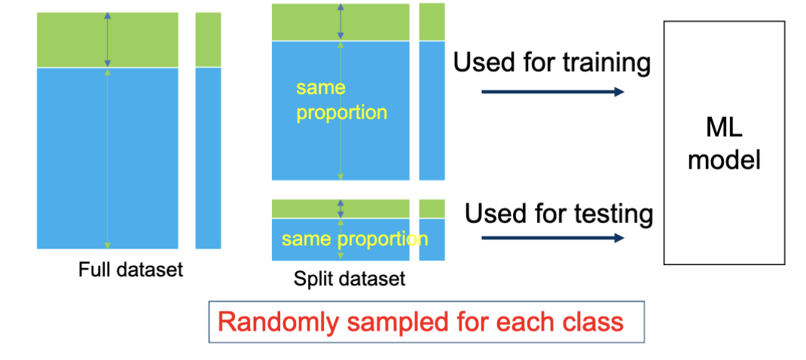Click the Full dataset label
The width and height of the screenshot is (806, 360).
(130, 269)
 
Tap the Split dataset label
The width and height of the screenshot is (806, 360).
(349, 279)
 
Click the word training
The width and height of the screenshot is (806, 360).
(606, 63)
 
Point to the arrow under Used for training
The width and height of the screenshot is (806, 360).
(552, 92)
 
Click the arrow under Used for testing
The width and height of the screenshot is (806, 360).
(552, 238)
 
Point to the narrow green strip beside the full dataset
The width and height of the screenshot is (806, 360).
(208, 39)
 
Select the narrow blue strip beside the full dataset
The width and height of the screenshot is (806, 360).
(208, 158)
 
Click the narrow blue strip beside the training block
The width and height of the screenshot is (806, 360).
(432, 110)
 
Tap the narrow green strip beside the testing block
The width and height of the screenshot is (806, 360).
(432, 208)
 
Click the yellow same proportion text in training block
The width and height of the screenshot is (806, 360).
(341, 100)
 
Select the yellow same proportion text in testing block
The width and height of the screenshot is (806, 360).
(354, 239)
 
